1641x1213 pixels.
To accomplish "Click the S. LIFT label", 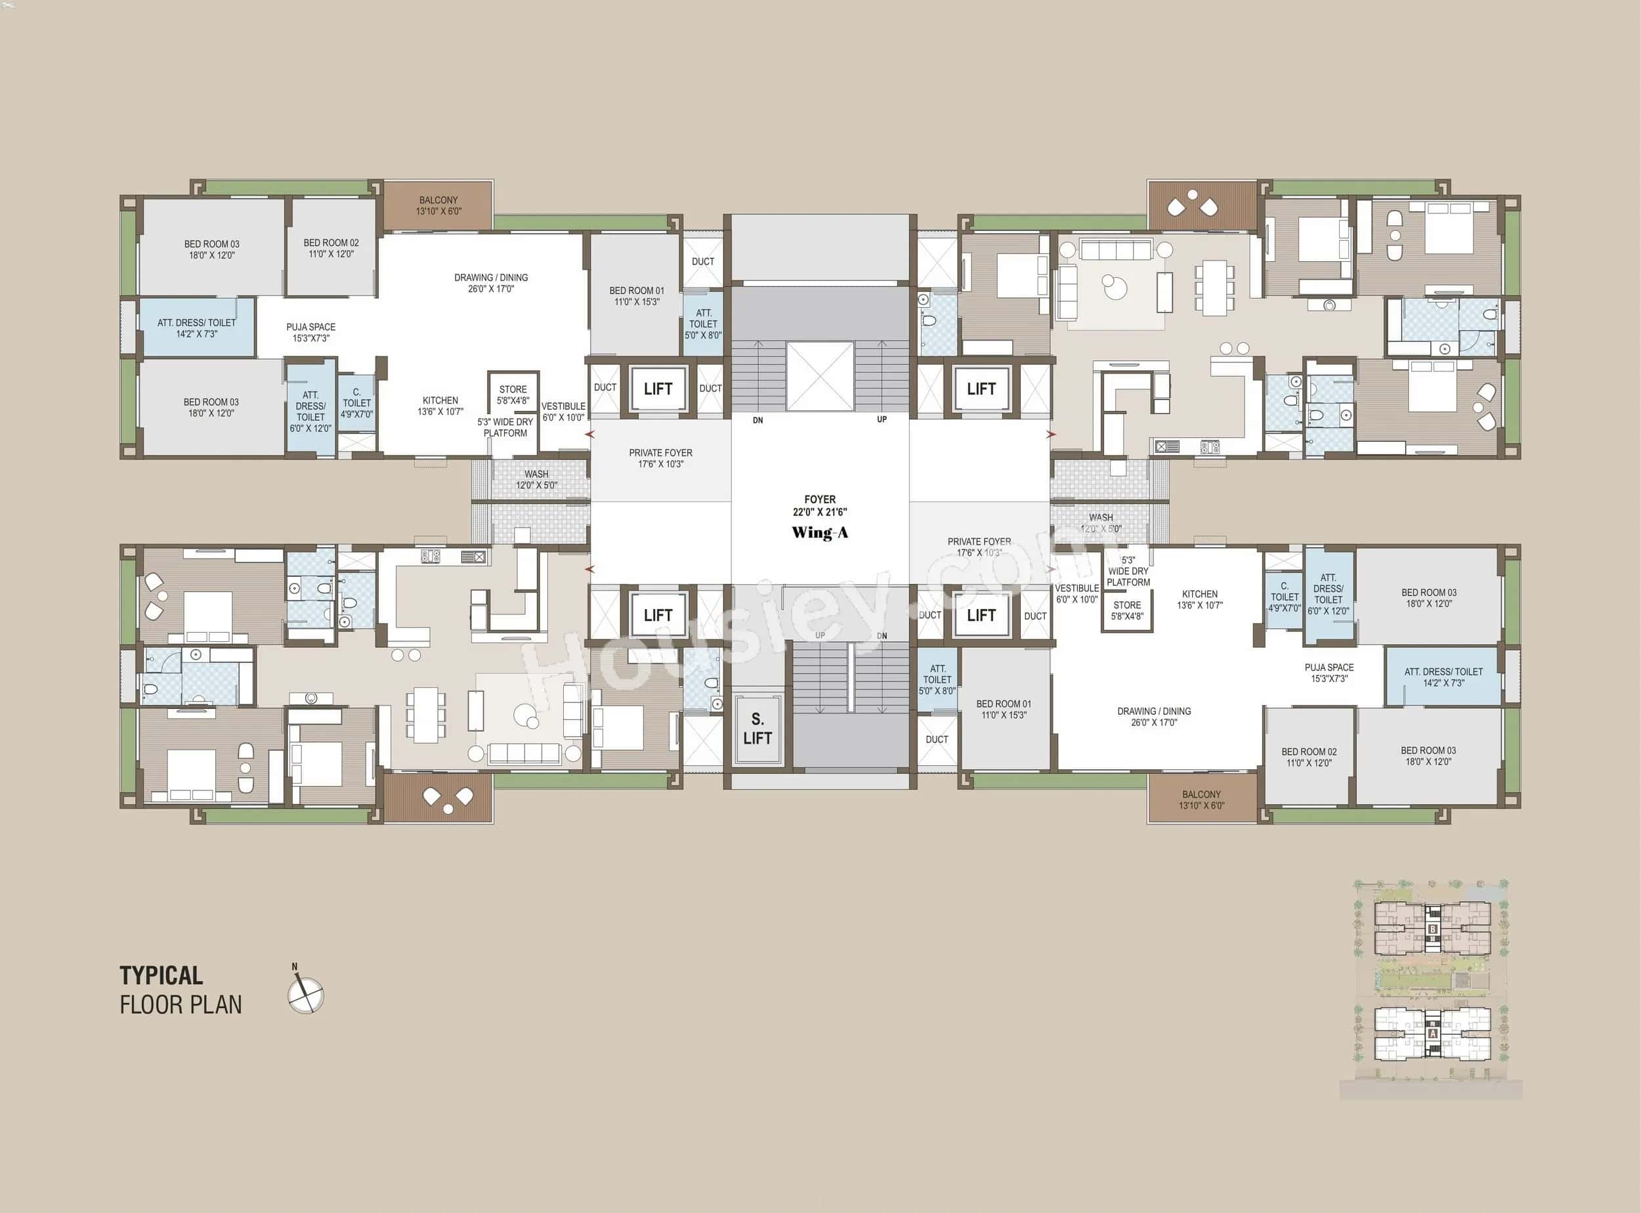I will [x=757, y=729].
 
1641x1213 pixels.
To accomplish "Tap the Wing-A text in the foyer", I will [x=819, y=532].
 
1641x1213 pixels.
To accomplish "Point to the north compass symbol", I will [x=305, y=994].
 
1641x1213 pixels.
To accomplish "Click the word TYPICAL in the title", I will [x=161, y=976].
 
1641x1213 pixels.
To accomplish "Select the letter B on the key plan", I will [x=1432, y=929].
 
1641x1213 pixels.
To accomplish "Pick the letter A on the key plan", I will [x=1432, y=1034].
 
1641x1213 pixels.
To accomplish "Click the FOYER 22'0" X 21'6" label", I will [x=819, y=505].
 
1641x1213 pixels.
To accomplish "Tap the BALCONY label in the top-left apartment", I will [x=438, y=205].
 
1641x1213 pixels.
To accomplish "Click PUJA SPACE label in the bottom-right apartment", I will [x=1329, y=673].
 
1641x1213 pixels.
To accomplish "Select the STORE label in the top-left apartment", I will [x=513, y=394].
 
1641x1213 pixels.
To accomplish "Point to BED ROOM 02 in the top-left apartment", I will [x=331, y=248].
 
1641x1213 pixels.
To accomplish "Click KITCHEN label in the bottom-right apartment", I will [x=1200, y=599].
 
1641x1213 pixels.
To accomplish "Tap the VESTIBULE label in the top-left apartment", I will [x=563, y=411].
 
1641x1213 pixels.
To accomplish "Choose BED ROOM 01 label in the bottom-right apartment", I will [x=1003, y=708].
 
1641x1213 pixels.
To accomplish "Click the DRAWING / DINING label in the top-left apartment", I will [x=490, y=283].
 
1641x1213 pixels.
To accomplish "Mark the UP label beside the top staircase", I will [x=882, y=419].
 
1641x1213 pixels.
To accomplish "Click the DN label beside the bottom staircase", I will [x=882, y=636].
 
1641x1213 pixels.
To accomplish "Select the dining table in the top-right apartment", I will [x=1214, y=287].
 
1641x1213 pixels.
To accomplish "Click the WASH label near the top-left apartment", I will [x=536, y=479].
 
